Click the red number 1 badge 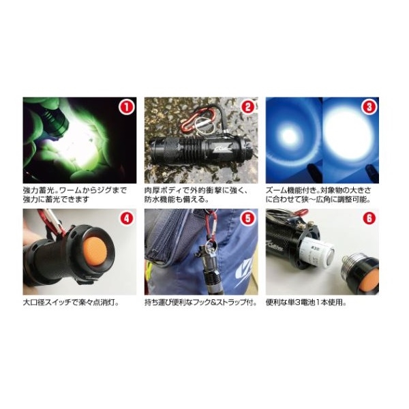(x=126, y=107)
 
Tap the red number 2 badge (x=248, y=107)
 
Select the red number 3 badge (x=369, y=107)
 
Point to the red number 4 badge (x=126, y=218)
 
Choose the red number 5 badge (x=248, y=218)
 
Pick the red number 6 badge (x=369, y=218)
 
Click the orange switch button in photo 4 (x=97, y=252)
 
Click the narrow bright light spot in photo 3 (x=289, y=136)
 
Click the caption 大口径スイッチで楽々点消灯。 (x=71, y=303)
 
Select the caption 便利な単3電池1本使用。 (x=306, y=303)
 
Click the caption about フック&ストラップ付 (x=201, y=303)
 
